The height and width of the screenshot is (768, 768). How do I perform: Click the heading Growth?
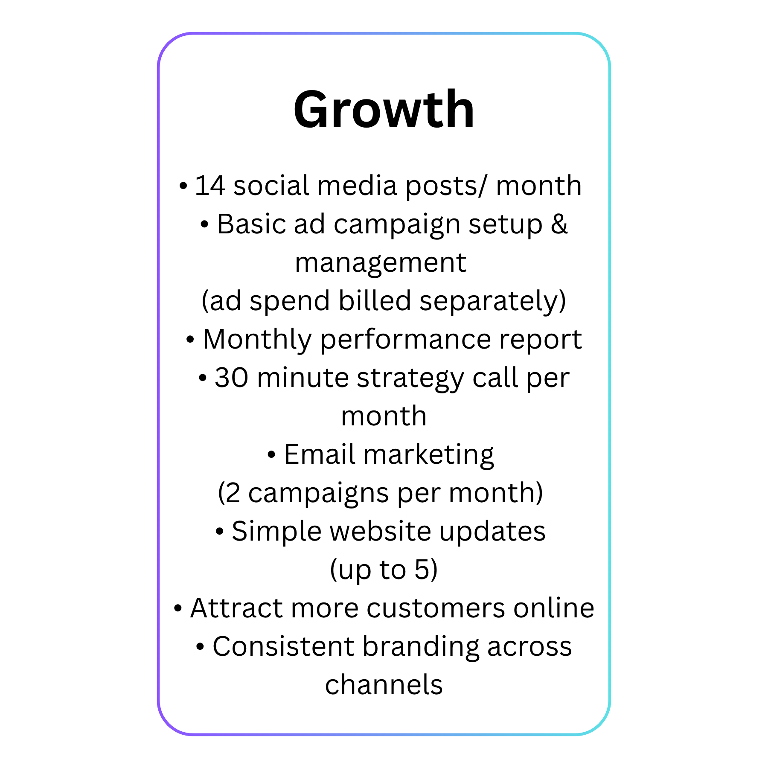[384, 109]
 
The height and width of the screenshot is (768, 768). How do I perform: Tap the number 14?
[210, 186]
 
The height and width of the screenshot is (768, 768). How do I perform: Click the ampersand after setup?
[559, 224]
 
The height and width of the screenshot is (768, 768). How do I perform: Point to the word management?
[381, 263]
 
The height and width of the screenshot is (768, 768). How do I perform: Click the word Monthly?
[257, 340]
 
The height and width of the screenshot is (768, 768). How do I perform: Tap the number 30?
[231, 378]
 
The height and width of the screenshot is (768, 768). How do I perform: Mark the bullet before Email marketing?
[271, 455]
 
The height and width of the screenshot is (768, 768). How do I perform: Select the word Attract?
[237, 608]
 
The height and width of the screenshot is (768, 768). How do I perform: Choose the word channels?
[384, 685]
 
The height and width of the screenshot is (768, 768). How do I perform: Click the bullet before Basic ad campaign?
[204, 225]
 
